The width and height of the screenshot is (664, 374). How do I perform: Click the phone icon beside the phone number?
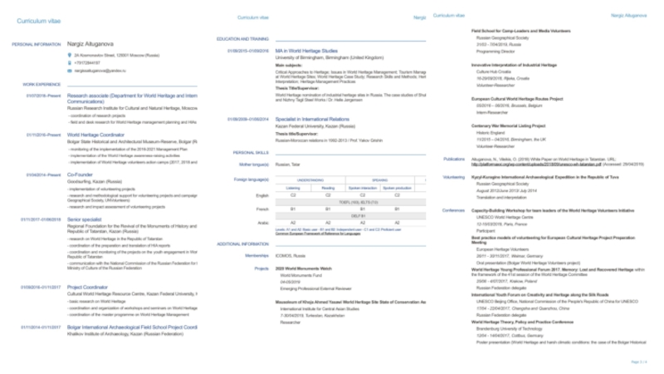coord(71,62)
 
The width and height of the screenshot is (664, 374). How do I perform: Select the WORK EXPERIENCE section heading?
coord(41,84)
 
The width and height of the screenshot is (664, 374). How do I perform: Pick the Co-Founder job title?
coord(80,175)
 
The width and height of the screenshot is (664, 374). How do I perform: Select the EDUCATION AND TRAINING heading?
coord(242,39)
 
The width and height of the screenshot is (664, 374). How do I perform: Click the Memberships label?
coord(256,256)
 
